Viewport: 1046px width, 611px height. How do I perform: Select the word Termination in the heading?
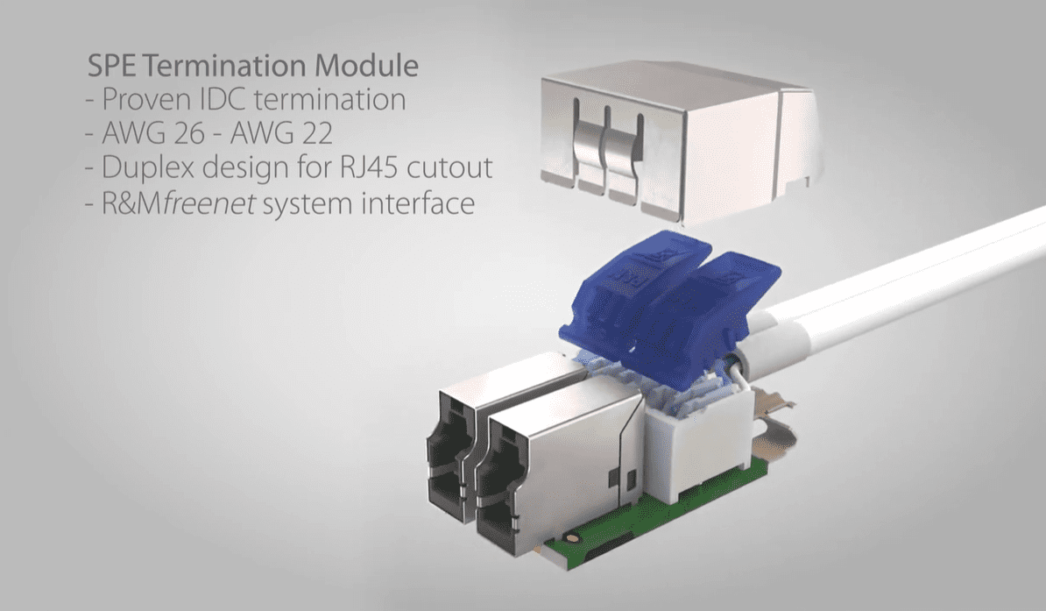pos(224,66)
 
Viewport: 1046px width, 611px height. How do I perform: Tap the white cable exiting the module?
pos(894,281)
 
